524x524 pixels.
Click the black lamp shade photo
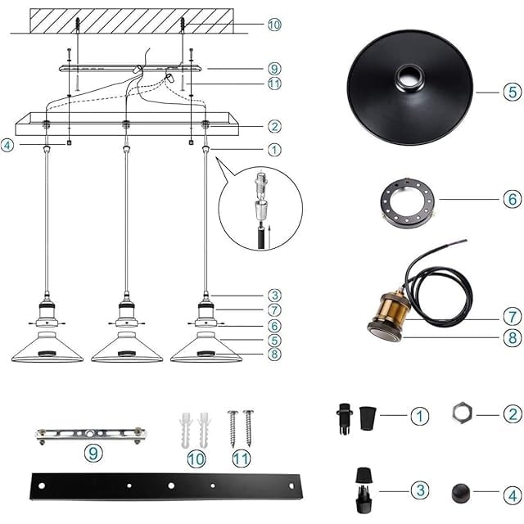[x=410, y=88]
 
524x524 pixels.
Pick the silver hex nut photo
[x=462, y=413]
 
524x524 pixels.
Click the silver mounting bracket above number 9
[x=91, y=435]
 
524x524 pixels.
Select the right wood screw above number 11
[x=248, y=428]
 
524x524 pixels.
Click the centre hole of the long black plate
[x=171, y=486]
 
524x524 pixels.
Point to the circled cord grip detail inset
[x=260, y=209]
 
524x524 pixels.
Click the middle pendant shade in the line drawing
[x=127, y=347]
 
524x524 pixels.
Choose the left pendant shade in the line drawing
[x=47, y=347]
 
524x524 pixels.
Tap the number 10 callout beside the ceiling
[x=274, y=25]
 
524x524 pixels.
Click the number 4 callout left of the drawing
[x=7, y=146]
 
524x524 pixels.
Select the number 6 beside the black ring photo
[x=513, y=199]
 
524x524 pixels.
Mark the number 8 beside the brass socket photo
[x=513, y=338]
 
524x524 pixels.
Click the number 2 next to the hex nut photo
[x=513, y=414]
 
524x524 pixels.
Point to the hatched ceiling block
[x=132, y=20]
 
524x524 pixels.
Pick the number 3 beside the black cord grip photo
[x=420, y=490]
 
